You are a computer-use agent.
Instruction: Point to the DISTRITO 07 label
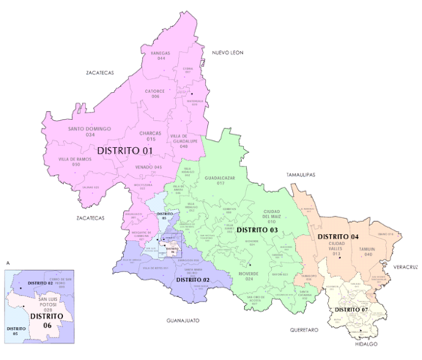click(351, 309)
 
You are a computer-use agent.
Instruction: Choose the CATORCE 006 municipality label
click(156, 94)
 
